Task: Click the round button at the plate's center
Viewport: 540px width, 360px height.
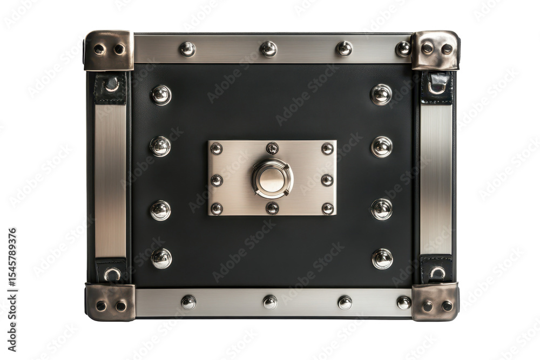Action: [x=272, y=179]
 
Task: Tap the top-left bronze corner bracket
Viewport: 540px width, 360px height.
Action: [x=109, y=50]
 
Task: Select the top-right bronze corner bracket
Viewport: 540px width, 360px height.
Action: [x=435, y=50]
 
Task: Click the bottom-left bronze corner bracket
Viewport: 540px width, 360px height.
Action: [x=110, y=303]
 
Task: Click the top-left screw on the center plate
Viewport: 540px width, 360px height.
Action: [x=217, y=148]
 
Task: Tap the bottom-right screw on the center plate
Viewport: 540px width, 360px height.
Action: [x=328, y=208]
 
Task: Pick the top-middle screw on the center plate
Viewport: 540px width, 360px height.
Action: [x=272, y=148]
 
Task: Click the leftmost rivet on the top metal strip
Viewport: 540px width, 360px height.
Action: [x=187, y=49]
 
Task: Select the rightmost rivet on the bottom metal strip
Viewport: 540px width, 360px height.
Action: [x=404, y=303]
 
